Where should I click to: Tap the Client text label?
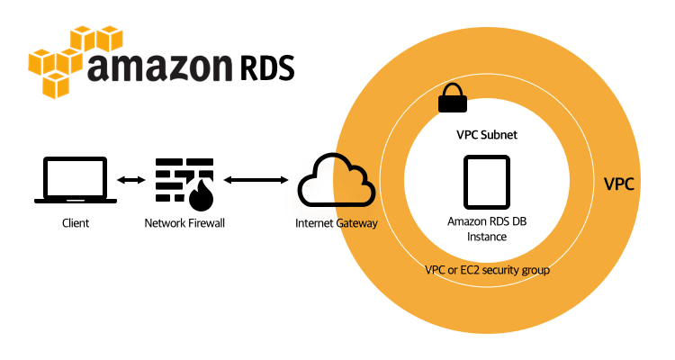click(76, 222)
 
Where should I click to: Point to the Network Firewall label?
click(184, 222)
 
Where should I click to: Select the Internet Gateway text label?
click(337, 222)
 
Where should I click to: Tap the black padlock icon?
click(453, 99)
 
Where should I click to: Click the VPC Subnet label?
click(485, 134)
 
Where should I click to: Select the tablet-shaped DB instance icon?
click(486, 183)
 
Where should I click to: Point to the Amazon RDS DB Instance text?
click(485, 228)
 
